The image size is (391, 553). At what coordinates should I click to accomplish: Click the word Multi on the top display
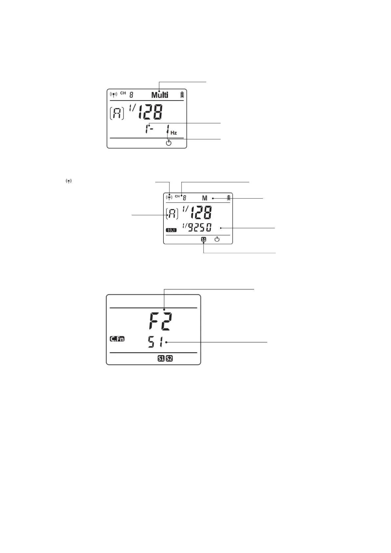[x=160, y=95]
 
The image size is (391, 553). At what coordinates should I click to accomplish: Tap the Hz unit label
[x=174, y=133]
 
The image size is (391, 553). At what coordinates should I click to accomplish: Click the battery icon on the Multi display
[x=182, y=95]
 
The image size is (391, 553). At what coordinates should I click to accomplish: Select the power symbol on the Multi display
[x=168, y=143]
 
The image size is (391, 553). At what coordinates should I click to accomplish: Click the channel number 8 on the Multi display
[x=131, y=95]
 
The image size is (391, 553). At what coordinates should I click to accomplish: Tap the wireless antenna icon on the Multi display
[x=113, y=95]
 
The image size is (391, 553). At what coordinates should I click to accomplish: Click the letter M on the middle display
[x=205, y=198]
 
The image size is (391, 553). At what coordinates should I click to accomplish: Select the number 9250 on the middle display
[x=200, y=227]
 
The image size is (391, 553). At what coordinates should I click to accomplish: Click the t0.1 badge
[x=171, y=230]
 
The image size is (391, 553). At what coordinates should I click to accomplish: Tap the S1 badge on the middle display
[x=204, y=239]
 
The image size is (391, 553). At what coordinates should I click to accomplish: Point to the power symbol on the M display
[x=217, y=239]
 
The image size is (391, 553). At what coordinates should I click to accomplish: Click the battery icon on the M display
[x=228, y=198]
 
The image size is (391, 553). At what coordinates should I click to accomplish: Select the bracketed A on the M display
[x=172, y=214]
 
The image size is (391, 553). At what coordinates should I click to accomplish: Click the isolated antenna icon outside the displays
[x=69, y=181]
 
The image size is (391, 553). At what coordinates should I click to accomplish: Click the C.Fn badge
[x=117, y=339]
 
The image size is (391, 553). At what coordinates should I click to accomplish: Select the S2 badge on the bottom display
[x=169, y=358]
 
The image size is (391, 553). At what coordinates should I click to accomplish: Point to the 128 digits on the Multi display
[x=150, y=112]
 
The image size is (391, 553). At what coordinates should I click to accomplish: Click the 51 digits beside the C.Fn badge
[x=155, y=342]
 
